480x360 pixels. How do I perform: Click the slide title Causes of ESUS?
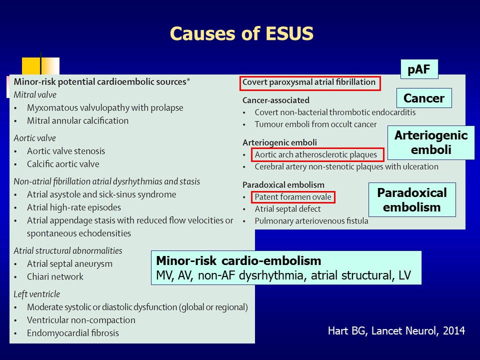click(x=241, y=33)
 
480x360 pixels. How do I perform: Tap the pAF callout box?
click(x=419, y=69)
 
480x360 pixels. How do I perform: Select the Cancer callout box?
click(x=424, y=98)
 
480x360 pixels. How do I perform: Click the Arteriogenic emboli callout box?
click(x=431, y=142)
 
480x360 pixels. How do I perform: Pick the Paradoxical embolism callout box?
click(x=412, y=199)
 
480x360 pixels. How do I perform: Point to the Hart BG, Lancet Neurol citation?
click(x=396, y=330)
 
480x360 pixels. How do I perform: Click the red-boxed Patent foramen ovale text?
click(x=293, y=197)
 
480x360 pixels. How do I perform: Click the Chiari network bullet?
click(x=55, y=276)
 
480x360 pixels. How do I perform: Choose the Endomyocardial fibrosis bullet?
click(x=73, y=333)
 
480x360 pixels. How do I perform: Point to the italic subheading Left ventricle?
click(x=36, y=294)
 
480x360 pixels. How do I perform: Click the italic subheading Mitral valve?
click(x=35, y=95)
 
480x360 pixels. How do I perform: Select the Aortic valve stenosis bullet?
click(x=66, y=151)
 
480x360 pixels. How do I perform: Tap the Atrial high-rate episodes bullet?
click(x=74, y=207)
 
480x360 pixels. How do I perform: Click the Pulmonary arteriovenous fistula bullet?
click(x=311, y=221)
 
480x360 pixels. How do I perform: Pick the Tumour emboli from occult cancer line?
click(x=315, y=124)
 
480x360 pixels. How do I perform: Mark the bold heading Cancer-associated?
click(x=276, y=100)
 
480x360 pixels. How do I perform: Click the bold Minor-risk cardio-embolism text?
click(x=239, y=261)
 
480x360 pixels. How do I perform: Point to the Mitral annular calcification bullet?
click(x=78, y=120)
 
